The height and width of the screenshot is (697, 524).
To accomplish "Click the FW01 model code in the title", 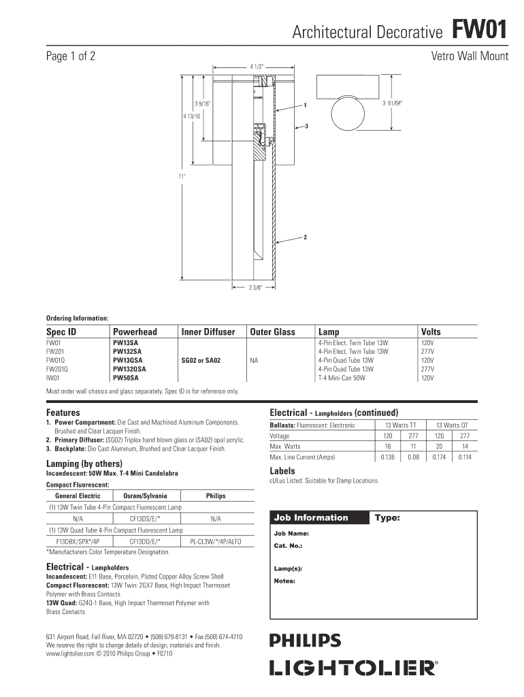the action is (480, 31).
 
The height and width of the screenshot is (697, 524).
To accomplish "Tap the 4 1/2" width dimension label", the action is (257, 67).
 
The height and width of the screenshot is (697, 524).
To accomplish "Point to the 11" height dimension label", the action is (182, 176).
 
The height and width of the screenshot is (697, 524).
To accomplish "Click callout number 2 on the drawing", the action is (306, 237).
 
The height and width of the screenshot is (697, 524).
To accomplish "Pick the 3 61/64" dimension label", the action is (393, 103).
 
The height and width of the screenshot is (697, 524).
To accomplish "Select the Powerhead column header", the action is (135, 331).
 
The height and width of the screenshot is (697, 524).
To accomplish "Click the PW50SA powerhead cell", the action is (126, 378).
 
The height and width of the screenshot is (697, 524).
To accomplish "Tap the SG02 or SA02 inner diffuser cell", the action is (201, 361).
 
